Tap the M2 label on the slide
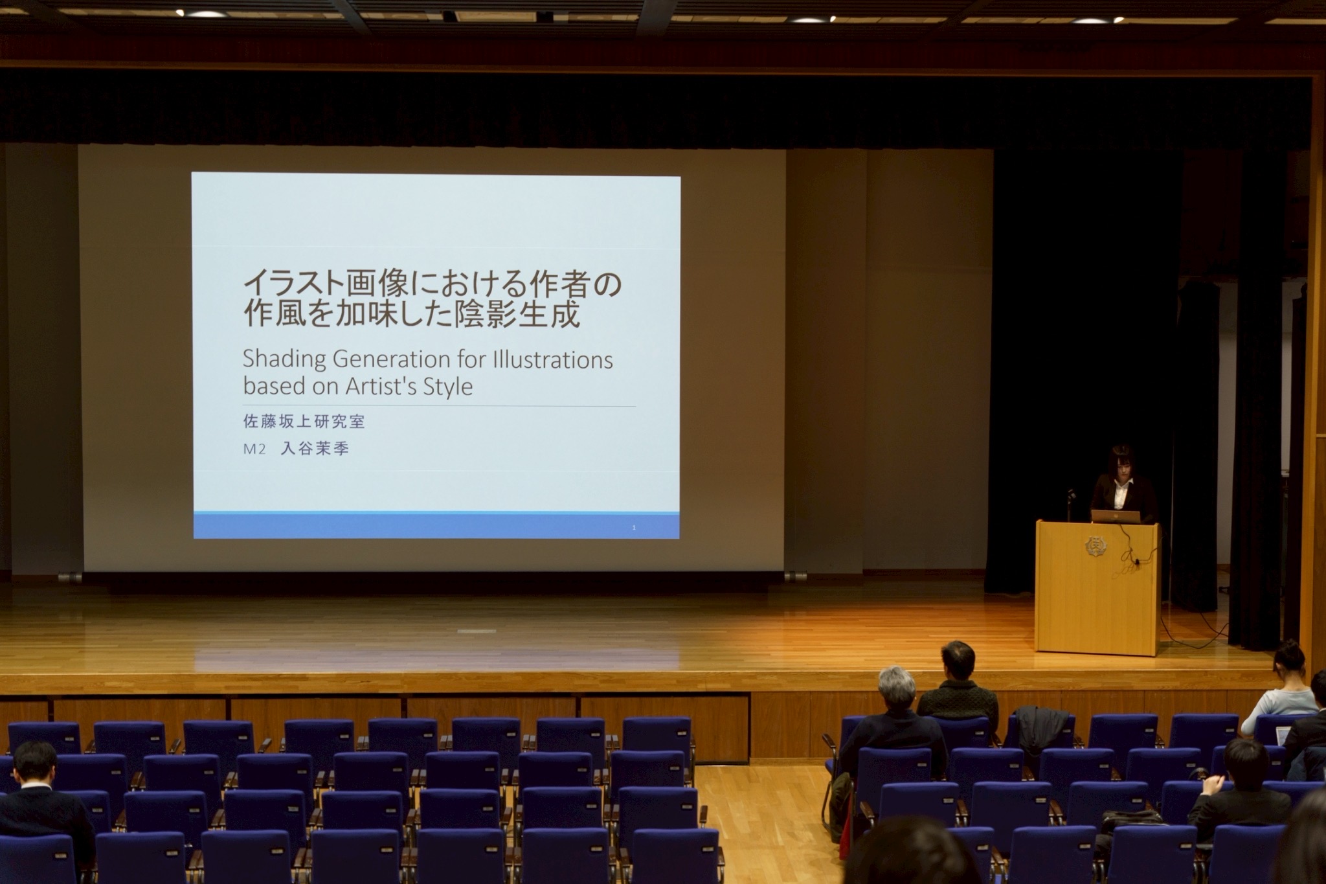254,449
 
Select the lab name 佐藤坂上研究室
304,422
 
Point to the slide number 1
634,528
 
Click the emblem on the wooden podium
1094,545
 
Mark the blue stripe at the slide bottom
436,525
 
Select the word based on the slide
273,387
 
